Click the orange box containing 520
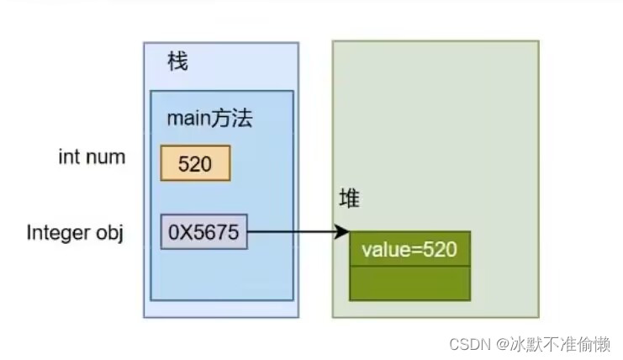point(195,163)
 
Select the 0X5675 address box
point(204,231)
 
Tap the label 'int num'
point(92,156)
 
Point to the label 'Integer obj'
point(75,231)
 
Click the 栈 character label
point(177,61)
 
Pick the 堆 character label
point(348,198)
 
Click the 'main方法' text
point(209,119)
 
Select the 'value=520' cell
point(409,249)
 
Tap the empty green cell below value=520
point(409,283)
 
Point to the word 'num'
point(106,156)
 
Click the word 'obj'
point(109,231)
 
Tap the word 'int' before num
point(68,156)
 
